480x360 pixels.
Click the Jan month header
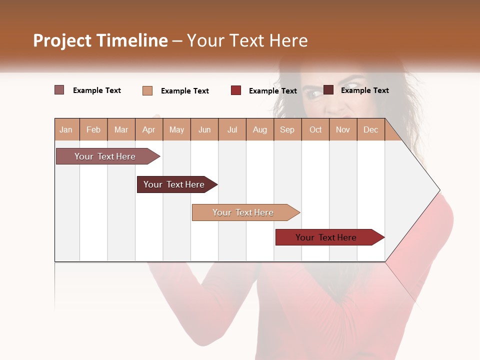click(x=66, y=129)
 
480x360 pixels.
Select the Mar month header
click(x=121, y=129)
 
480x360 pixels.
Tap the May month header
click(x=176, y=129)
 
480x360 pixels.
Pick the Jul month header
click(x=232, y=129)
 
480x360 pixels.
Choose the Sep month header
click(x=287, y=129)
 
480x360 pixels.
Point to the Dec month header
click(x=370, y=129)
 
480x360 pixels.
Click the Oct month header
click(x=315, y=129)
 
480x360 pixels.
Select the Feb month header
click(x=93, y=129)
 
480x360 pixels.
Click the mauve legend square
click(x=59, y=90)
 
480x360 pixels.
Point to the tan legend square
click(x=147, y=90)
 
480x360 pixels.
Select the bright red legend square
click(x=236, y=90)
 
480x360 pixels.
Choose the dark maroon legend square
click(x=328, y=90)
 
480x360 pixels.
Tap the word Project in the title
click(x=62, y=40)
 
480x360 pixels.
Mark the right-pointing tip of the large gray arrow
click(x=439, y=190)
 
